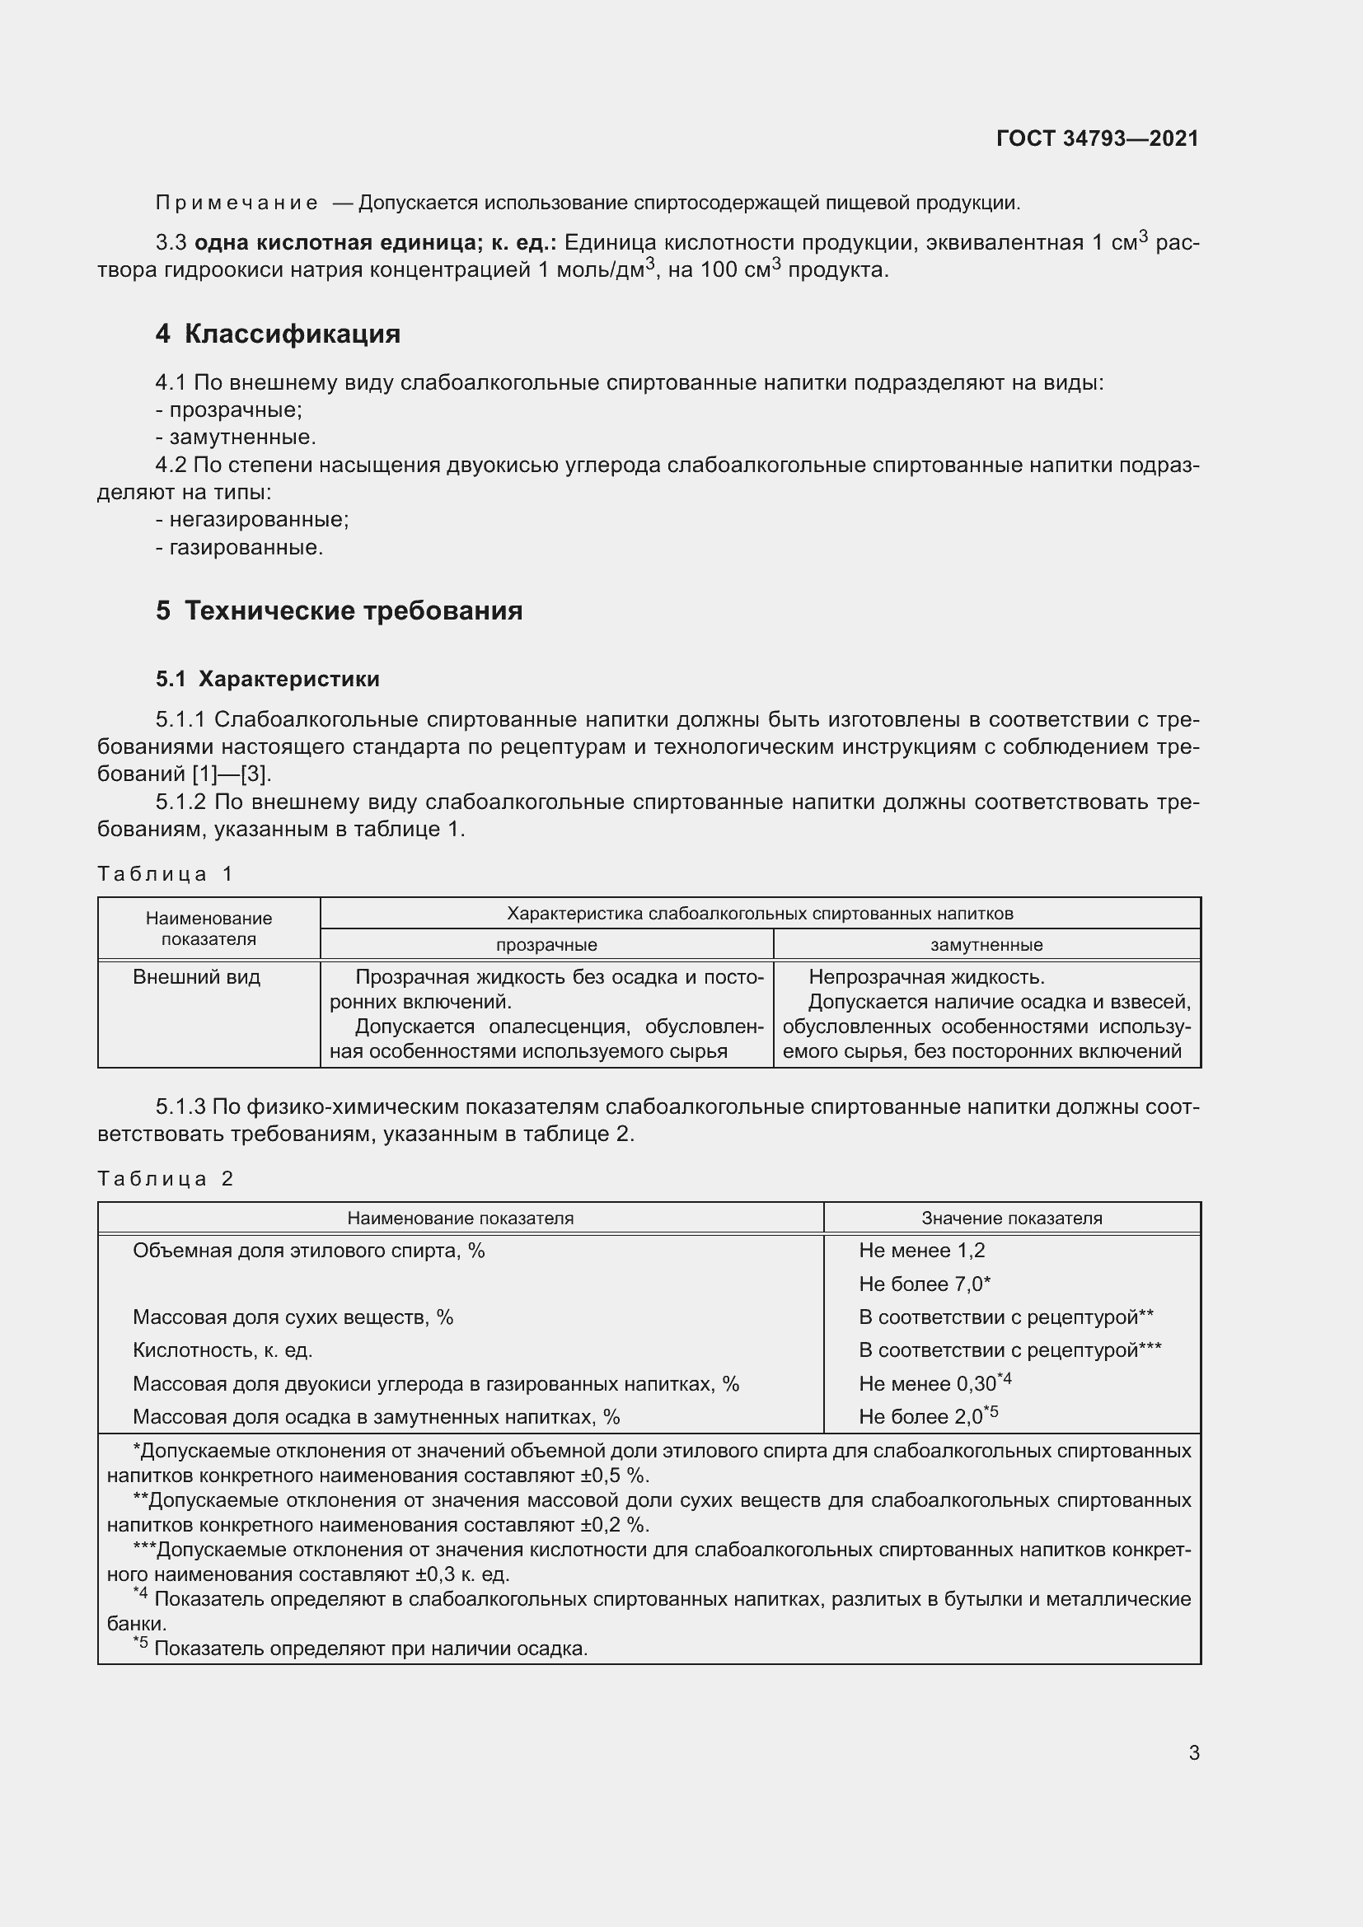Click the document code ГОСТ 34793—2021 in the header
[1097, 138]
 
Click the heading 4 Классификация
[278, 334]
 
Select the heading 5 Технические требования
[339, 610]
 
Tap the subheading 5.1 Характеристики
[268, 679]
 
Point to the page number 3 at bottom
[1193, 1752]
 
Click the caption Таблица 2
[166, 1178]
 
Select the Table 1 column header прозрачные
[546, 944]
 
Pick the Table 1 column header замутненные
[986, 944]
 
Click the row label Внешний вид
[196, 977]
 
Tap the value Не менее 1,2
[921, 1251]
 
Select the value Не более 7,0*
[924, 1284]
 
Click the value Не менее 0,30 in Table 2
[927, 1383]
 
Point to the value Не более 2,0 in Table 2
[920, 1417]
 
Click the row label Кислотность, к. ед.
[222, 1350]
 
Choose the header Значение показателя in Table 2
[1011, 1218]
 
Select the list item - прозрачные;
[229, 410]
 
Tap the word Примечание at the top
[237, 203]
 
